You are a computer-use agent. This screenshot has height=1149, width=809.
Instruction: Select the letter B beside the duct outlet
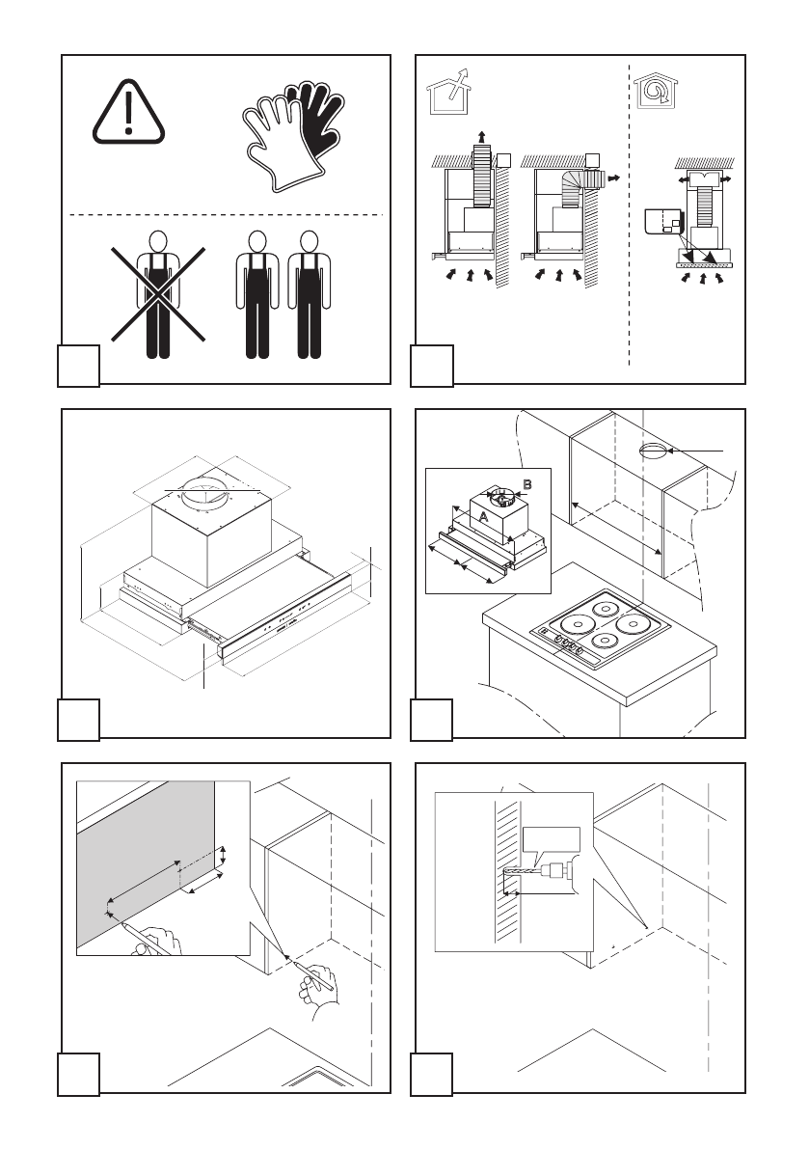tap(526, 483)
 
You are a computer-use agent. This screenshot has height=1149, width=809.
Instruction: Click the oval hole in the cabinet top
tap(653, 451)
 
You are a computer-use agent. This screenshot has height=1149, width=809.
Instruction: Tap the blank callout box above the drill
tap(551, 842)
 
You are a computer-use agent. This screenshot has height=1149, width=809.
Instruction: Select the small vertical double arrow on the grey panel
tap(223, 856)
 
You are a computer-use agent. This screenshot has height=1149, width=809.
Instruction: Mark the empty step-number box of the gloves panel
tap(79, 366)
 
